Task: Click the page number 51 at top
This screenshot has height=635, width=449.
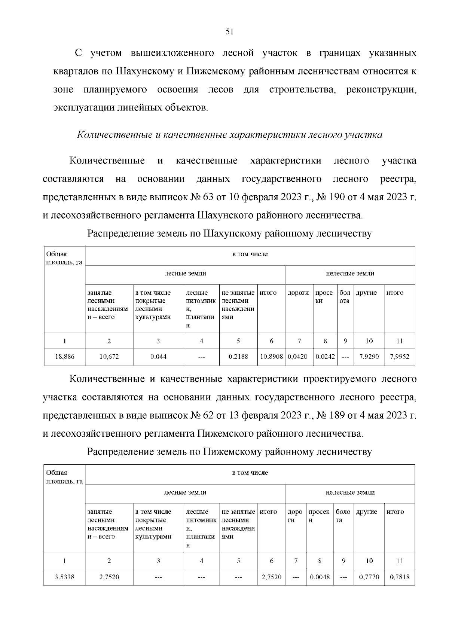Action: (229, 32)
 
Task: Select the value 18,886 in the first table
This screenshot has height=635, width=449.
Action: (64, 357)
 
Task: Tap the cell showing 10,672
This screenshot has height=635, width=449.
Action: (109, 357)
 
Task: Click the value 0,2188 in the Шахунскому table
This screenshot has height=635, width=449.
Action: (238, 357)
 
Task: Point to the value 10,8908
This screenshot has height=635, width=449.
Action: (271, 357)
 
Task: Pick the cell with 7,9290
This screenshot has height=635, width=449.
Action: (369, 357)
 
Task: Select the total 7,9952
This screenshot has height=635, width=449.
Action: (399, 357)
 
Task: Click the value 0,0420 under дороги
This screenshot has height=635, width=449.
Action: (298, 357)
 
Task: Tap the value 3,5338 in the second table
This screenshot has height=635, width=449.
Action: (64, 577)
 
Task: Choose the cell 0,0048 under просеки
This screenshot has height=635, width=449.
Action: (320, 577)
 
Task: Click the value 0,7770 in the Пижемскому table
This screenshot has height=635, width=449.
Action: (369, 577)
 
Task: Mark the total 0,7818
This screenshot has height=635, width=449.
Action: (399, 577)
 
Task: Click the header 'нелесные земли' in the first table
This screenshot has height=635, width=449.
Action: (350, 274)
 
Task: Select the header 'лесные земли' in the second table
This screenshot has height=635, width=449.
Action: (185, 492)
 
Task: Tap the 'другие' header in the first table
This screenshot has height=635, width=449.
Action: (366, 293)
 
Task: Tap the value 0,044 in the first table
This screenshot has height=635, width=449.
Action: (158, 357)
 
